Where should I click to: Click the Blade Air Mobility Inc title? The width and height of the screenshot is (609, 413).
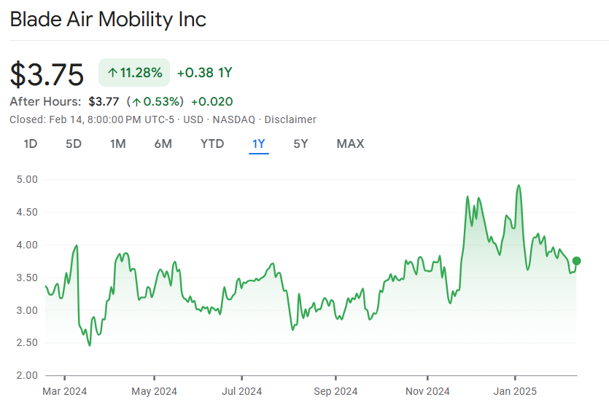(108, 19)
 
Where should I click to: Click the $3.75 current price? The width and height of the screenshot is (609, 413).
(47, 74)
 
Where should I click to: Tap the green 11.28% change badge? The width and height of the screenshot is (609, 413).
(134, 72)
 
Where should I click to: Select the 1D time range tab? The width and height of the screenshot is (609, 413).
(30, 143)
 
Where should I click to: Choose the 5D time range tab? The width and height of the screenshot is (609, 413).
(74, 143)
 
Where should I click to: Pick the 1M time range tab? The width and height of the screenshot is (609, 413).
(117, 143)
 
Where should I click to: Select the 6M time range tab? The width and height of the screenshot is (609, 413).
(163, 143)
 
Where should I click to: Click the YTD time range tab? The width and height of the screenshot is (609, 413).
(212, 143)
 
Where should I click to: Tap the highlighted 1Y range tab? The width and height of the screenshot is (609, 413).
(258, 143)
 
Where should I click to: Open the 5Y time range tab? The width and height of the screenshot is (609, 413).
(300, 143)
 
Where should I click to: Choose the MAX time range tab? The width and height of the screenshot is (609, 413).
(350, 143)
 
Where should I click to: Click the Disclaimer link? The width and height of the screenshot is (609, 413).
(290, 119)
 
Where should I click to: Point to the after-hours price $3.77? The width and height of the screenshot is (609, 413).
(103, 101)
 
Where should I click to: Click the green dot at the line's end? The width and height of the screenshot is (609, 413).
(576, 261)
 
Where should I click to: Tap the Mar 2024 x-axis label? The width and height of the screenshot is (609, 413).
(65, 391)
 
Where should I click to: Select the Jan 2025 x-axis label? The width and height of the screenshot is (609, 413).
(515, 391)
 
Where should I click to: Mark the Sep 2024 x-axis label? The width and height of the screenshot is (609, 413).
(335, 391)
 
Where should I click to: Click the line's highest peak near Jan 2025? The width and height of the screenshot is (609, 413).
(518, 185)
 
